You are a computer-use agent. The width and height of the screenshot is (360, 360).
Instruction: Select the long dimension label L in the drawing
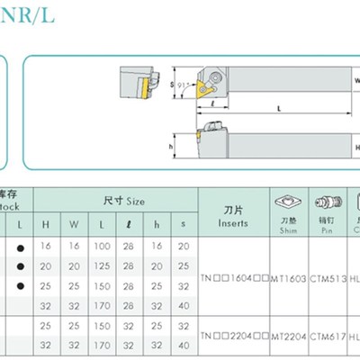[277, 108]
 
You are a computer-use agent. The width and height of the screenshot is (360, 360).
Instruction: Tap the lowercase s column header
[184, 223]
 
